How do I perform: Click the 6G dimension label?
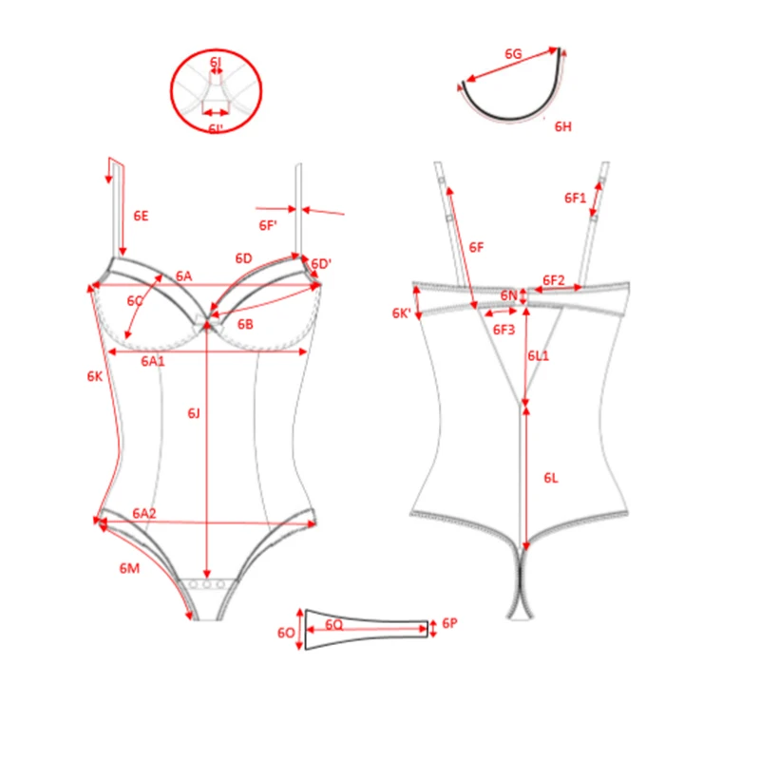(513, 54)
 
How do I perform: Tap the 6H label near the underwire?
(563, 127)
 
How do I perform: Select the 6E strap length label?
(141, 217)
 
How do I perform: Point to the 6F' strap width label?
(268, 226)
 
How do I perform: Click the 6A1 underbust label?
(153, 362)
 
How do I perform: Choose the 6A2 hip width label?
(144, 513)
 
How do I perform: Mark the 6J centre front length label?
(194, 413)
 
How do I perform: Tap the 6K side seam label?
(95, 376)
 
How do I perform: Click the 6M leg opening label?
(129, 568)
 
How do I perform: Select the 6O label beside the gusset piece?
(286, 633)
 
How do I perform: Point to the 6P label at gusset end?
(449, 623)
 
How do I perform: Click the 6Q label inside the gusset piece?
(334, 625)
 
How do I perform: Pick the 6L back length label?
(551, 479)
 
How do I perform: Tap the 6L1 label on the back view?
(539, 356)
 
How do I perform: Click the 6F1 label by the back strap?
(576, 199)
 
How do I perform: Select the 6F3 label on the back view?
(504, 330)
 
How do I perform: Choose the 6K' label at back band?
(401, 313)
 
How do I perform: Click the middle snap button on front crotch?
(207, 584)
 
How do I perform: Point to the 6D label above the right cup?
(244, 258)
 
